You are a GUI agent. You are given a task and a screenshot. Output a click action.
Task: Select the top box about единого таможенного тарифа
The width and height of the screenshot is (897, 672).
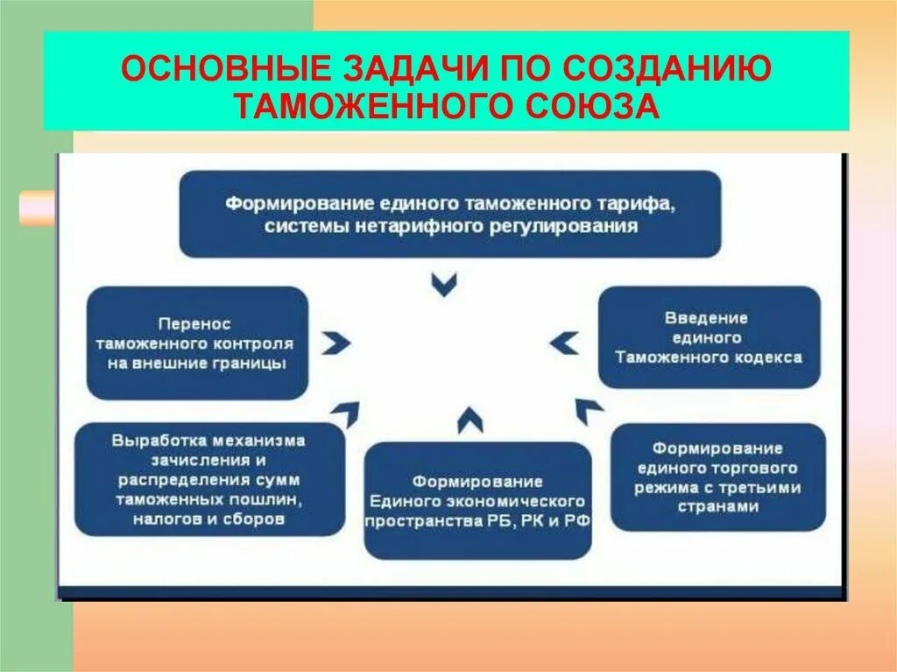[x=450, y=214]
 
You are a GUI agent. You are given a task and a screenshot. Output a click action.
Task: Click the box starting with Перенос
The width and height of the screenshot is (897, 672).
[x=197, y=343]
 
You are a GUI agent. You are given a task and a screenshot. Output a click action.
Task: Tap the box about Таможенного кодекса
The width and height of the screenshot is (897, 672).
[x=708, y=337]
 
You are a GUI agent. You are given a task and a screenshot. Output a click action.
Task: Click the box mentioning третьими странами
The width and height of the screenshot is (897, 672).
[x=717, y=477]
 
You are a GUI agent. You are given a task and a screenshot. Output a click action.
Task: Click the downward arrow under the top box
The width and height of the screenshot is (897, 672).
[x=445, y=284]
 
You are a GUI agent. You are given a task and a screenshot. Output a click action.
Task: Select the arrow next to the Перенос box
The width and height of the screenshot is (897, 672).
[x=335, y=343]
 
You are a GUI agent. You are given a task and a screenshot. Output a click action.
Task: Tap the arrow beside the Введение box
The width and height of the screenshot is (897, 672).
[x=564, y=342]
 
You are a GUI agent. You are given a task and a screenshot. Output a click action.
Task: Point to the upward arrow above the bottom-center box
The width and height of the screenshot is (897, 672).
[x=470, y=420]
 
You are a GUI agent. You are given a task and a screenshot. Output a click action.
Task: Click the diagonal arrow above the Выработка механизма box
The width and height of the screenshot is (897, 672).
[x=345, y=410]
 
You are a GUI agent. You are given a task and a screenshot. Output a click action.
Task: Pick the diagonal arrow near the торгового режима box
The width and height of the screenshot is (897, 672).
[x=589, y=409]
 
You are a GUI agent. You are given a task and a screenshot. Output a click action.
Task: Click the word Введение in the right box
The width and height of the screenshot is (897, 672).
[x=707, y=317]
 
